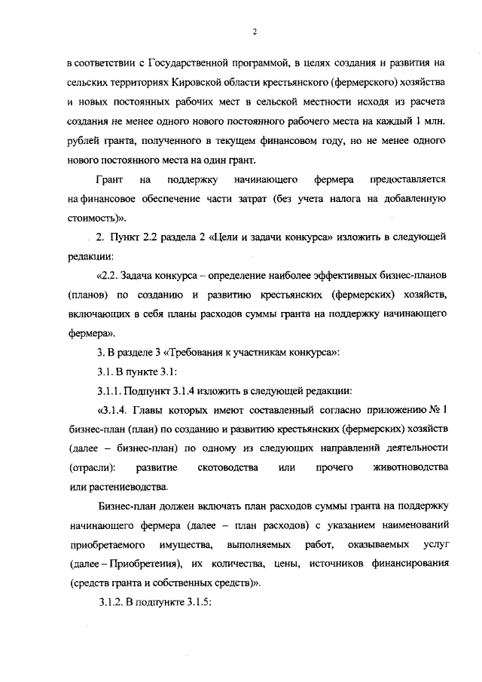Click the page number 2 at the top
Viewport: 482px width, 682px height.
(255, 32)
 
